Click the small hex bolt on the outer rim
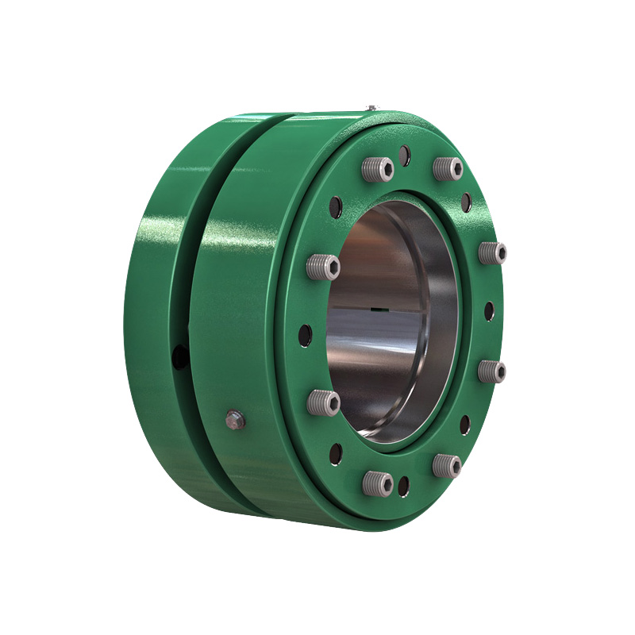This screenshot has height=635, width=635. tap(236, 420)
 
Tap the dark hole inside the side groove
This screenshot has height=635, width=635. tap(180, 356)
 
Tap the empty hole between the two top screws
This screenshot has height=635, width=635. tap(405, 155)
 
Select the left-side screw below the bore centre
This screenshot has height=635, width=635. tap(324, 402)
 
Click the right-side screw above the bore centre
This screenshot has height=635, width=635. tap(493, 253)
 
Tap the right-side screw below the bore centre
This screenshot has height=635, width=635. tap(493, 371)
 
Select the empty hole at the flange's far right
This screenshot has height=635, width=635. tap(490, 311)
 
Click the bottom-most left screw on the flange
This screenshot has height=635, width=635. tap(378, 482)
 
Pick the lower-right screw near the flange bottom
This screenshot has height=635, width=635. tap(447, 465)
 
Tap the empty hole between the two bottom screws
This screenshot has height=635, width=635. tap(405, 485)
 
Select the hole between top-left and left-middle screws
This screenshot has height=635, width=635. tap(337, 208)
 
